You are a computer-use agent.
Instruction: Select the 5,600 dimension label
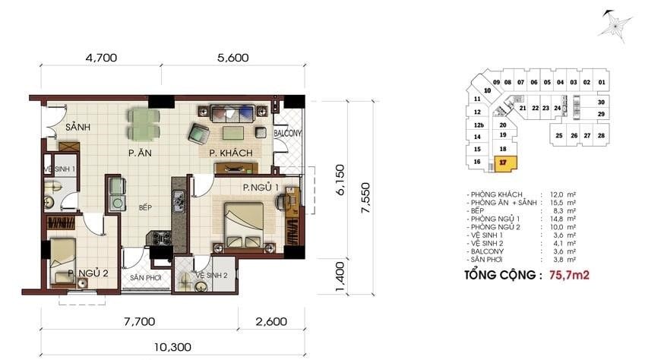pyautogui.click(x=228, y=55)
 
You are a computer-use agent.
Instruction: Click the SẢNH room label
pyautogui.click(x=77, y=127)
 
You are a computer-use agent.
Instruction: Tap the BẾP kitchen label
pyautogui.click(x=145, y=206)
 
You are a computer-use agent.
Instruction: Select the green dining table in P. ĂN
pyautogui.click(x=143, y=123)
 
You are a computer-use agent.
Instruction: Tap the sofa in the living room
pyautogui.click(x=231, y=114)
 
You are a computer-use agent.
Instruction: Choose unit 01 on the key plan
pyautogui.click(x=600, y=83)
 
